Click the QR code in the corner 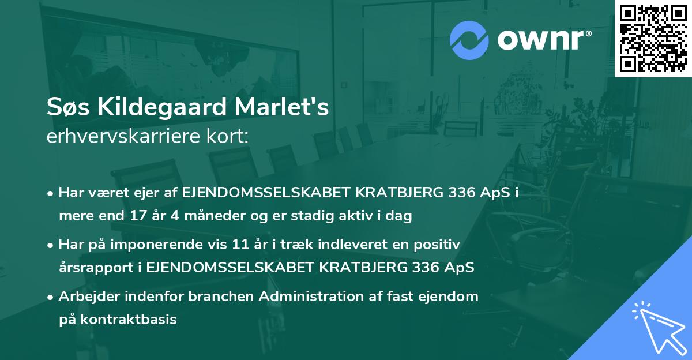tap(652, 39)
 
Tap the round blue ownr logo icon tap(469, 39)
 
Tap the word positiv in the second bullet tap(440, 245)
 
